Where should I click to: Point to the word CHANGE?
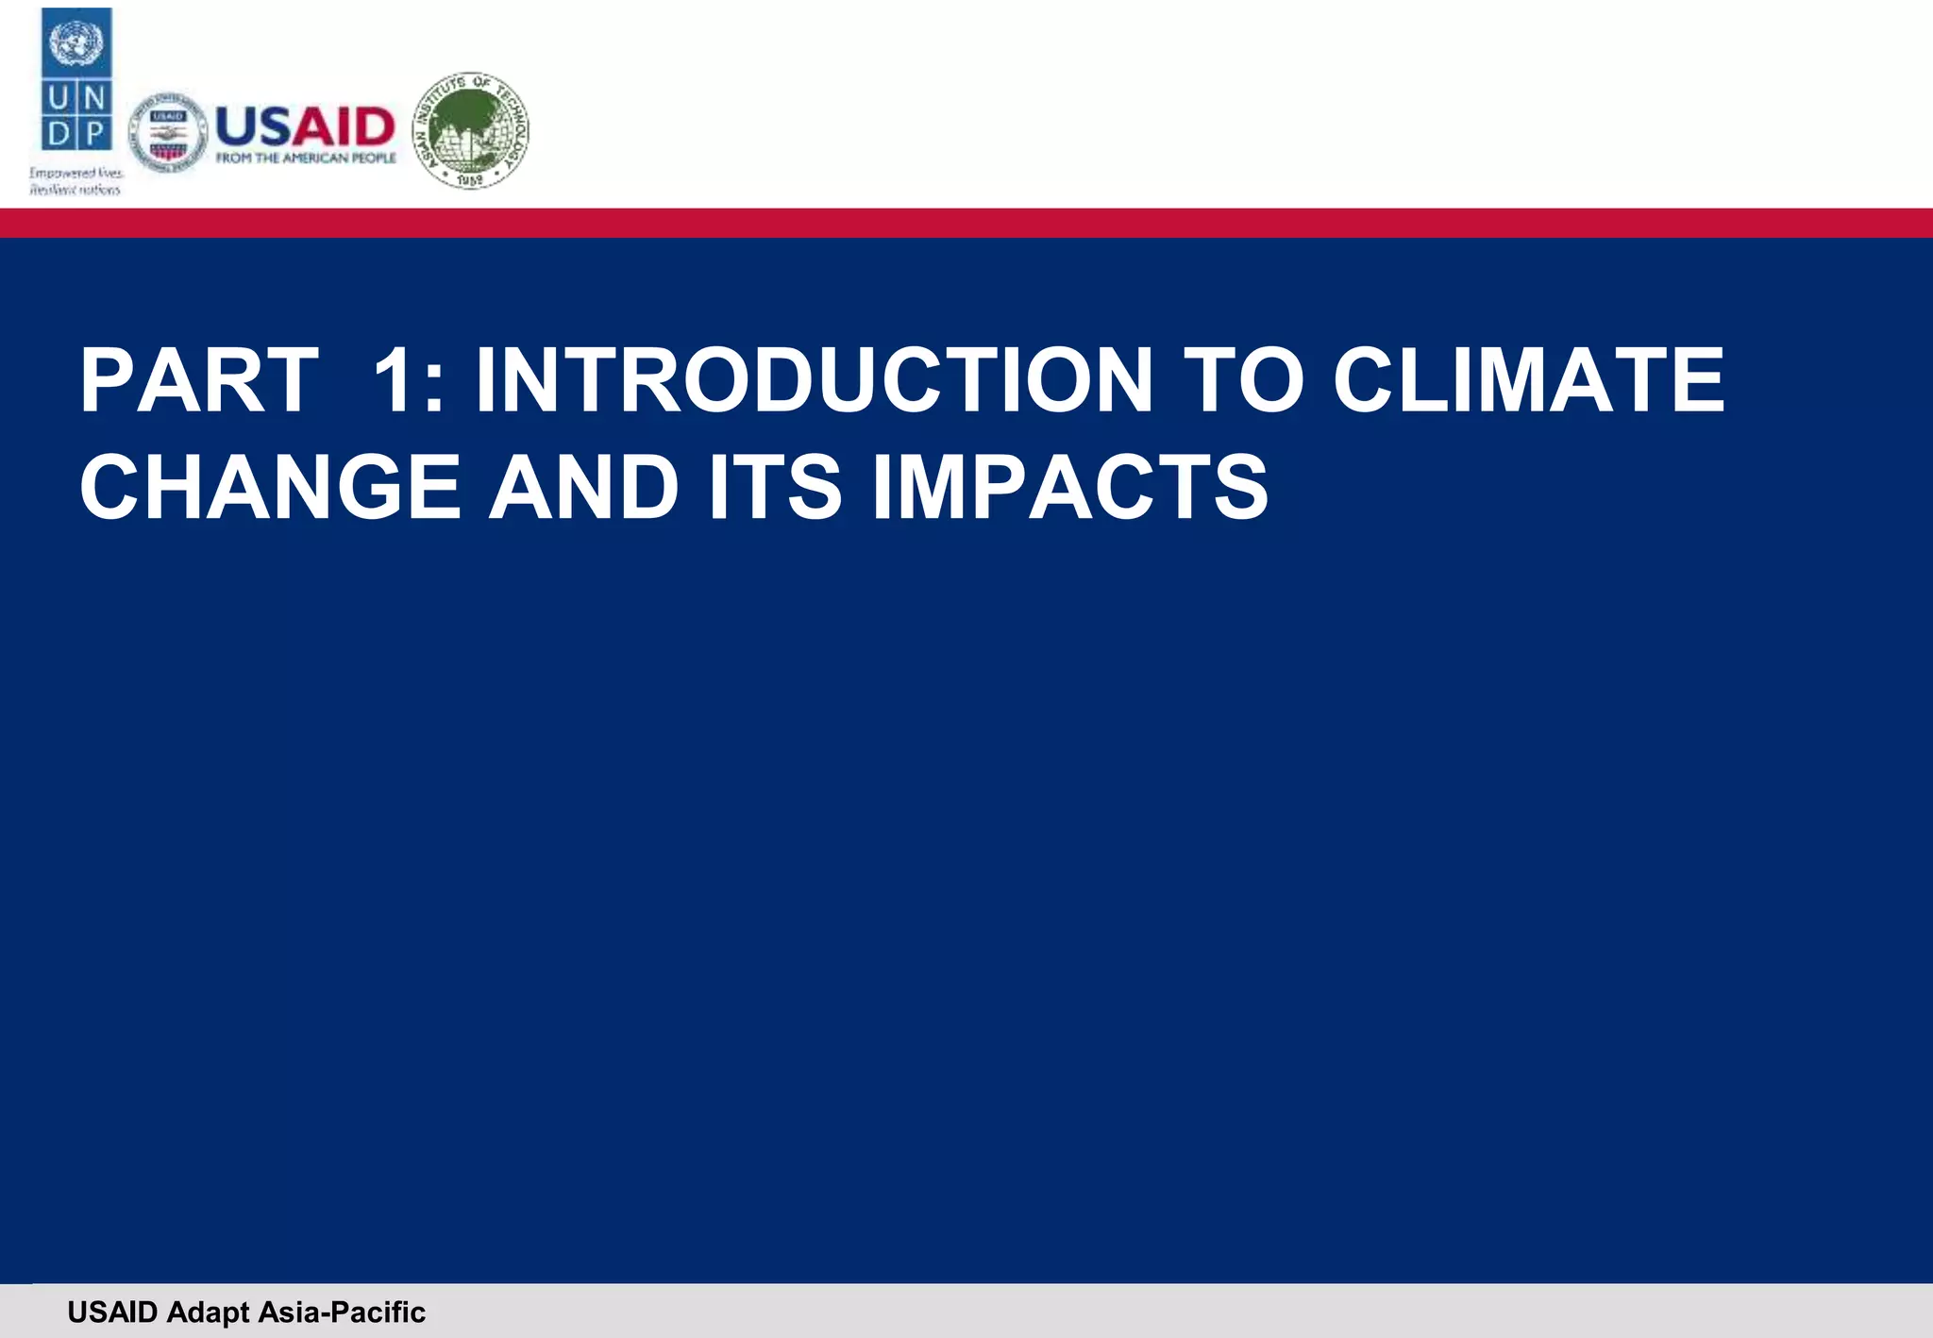270,487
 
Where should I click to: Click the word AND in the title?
583,487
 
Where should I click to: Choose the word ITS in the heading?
774,487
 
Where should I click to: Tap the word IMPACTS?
1070,487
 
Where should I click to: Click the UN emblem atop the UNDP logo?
76,43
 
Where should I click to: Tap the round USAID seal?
167,133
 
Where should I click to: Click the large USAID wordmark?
305,126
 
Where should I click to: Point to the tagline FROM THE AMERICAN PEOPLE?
306,159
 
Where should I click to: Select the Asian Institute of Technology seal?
471,129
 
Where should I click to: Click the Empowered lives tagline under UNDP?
76,181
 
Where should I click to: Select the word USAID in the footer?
112,1312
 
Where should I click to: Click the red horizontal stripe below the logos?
966,223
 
